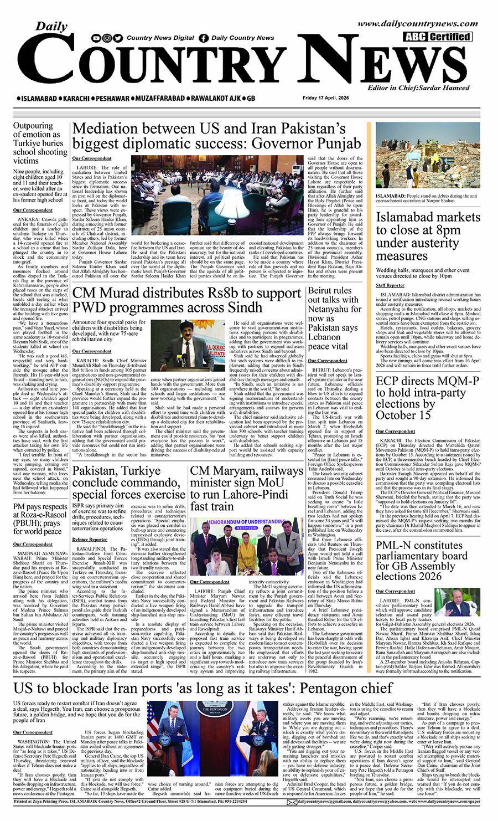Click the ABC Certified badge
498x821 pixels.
coord(437,37)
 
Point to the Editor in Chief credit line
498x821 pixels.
coord(418,88)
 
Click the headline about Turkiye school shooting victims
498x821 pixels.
coord(40,143)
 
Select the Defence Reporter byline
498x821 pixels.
coord(89,539)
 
